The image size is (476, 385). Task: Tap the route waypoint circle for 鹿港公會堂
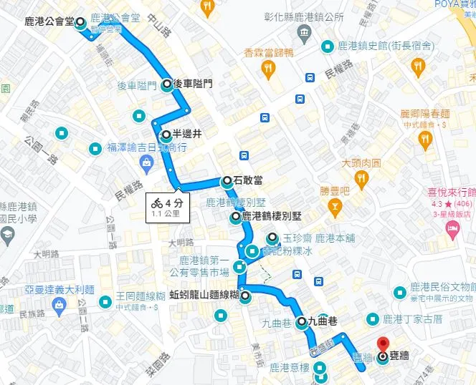(x=80, y=22)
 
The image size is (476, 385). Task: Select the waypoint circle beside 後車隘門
(x=167, y=84)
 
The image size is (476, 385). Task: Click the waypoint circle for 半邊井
(x=166, y=134)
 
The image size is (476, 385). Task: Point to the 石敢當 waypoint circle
(x=227, y=180)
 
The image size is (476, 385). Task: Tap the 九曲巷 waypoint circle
(x=301, y=321)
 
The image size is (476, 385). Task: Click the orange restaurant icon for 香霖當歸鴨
(x=269, y=68)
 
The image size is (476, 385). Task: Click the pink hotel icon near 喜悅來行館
(x=452, y=228)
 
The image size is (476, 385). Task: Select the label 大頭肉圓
(x=361, y=163)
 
